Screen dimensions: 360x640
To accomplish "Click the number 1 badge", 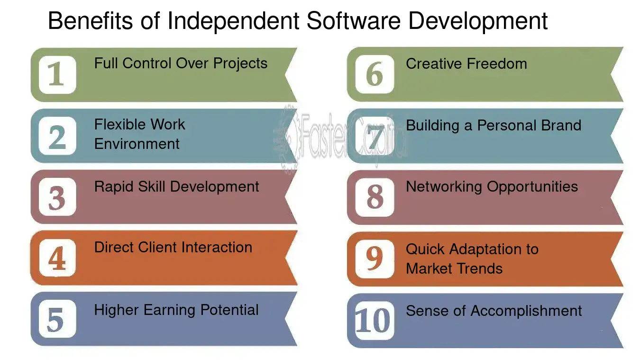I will (57, 74).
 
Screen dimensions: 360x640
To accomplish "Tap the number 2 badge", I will (57, 136).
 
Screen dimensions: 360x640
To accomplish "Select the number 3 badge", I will (57, 197).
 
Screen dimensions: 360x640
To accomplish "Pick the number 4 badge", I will (57, 258).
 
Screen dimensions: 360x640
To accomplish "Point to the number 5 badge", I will (57, 319).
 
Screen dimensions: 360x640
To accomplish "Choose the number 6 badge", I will (375, 74).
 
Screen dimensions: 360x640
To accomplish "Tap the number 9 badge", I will (375, 258).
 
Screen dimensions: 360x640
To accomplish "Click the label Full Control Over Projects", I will (181, 63).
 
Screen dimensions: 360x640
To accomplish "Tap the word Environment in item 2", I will (137, 144).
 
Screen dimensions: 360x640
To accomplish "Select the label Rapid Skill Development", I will (176, 186).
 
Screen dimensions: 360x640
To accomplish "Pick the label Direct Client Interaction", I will (173, 247).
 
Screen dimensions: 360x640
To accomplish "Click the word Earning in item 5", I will (169, 310).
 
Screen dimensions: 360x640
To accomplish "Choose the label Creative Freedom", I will (466, 64).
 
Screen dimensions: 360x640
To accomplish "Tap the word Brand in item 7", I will (561, 125).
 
